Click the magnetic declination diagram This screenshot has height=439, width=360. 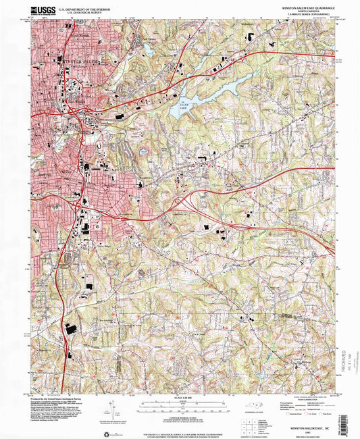click(x=109, y=409)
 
